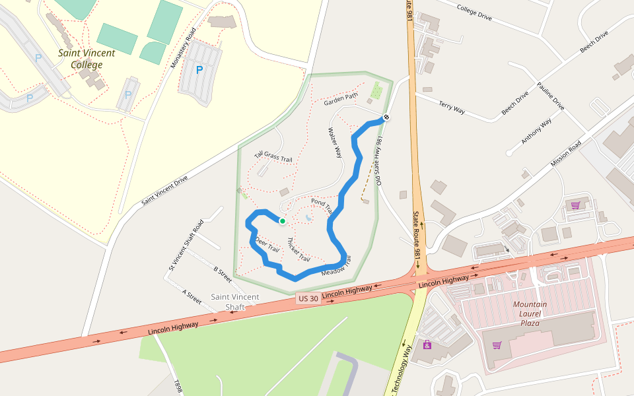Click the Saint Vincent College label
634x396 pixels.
86,59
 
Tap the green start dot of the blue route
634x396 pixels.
282,221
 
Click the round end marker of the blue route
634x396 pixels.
386,117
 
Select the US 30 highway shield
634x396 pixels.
308,298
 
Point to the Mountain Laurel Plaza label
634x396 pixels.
530,313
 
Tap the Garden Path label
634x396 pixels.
341,100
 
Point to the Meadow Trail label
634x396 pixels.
336,267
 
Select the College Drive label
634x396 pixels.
474,13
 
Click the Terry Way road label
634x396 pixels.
452,107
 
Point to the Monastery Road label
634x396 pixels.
183,48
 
